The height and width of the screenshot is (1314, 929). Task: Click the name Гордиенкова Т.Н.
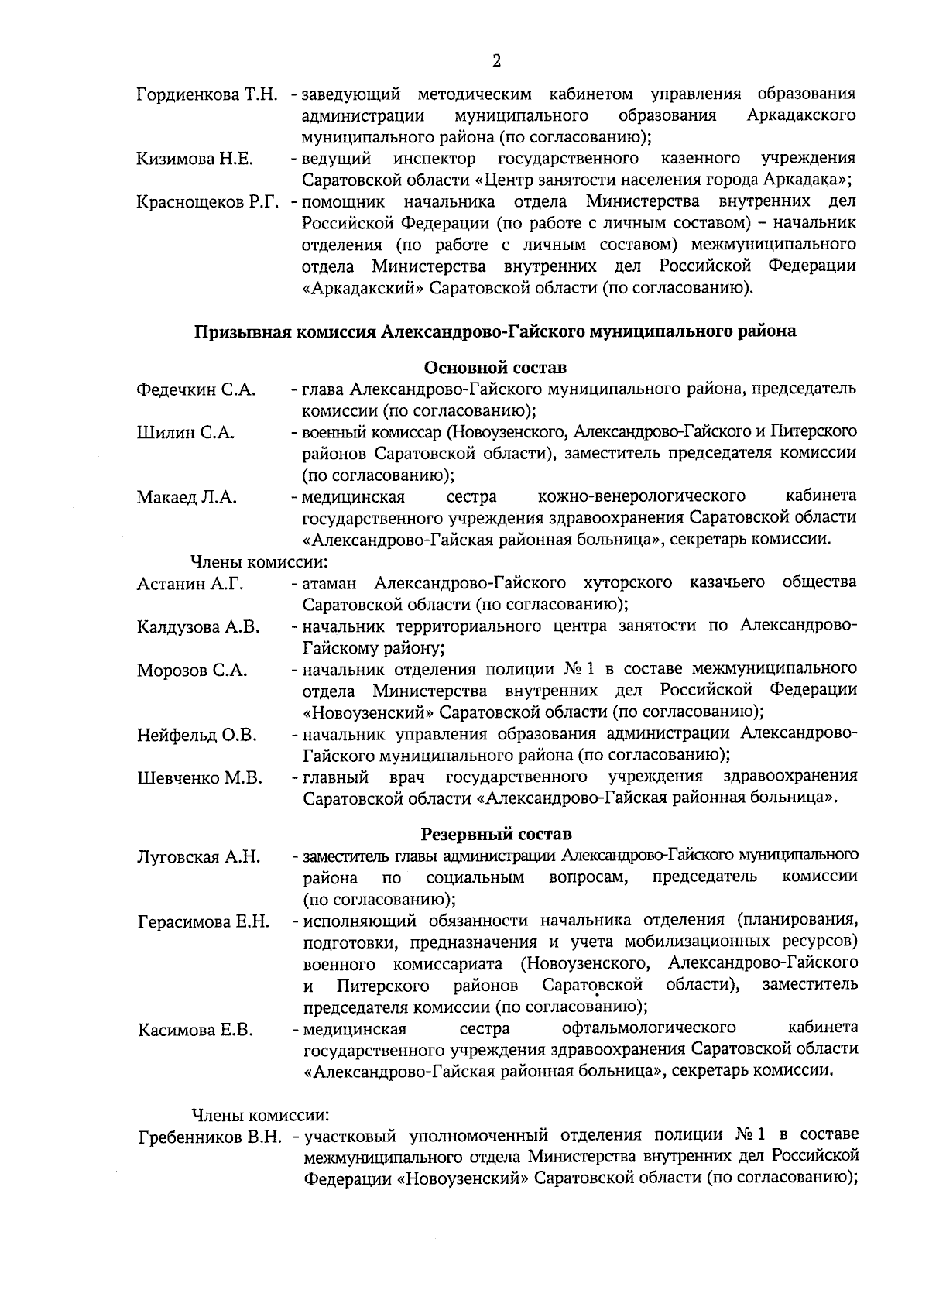tap(207, 95)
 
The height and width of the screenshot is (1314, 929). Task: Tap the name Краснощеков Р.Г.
tap(207, 203)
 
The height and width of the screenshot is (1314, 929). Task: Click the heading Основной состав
tap(495, 366)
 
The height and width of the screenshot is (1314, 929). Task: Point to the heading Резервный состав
tap(496, 834)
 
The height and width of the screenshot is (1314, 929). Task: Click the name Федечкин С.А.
tap(196, 389)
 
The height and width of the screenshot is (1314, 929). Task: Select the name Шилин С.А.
tap(186, 433)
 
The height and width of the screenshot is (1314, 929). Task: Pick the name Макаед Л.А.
tap(187, 497)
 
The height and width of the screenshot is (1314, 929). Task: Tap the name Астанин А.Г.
tap(190, 584)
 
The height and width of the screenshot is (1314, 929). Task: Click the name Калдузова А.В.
tap(198, 627)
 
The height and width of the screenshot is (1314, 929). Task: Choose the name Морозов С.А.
tap(192, 671)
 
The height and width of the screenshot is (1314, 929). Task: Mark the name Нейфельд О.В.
tap(197, 735)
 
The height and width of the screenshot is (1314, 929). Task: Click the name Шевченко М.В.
tap(200, 778)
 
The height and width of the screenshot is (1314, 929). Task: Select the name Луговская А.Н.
tap(199, 857)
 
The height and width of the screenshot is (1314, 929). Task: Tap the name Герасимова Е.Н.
tap(204, 922)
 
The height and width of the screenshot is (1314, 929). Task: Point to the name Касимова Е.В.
tap(196, 1031)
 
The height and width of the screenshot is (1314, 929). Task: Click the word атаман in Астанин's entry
tap(331, 582)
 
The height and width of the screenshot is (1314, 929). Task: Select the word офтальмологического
tap(648, 1028)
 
